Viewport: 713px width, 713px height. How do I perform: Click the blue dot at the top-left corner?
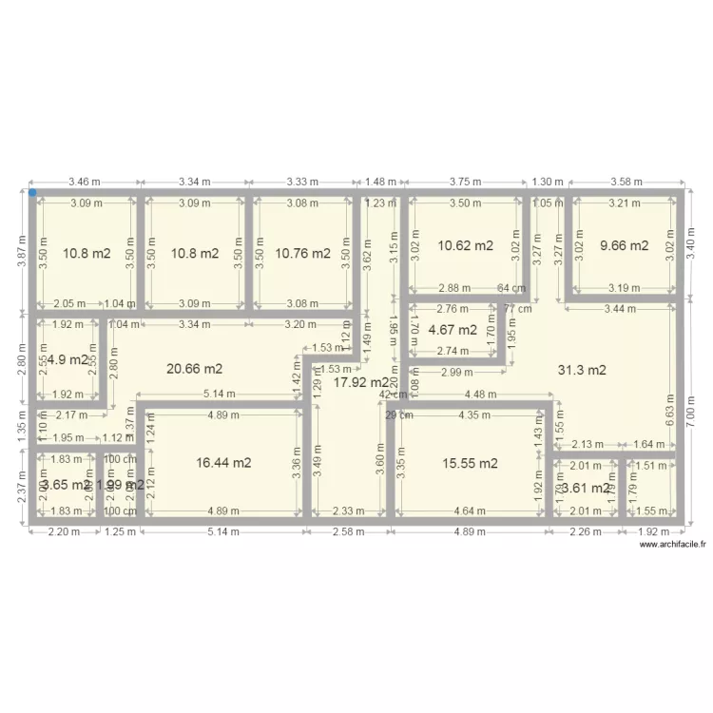click(x=32, y=194)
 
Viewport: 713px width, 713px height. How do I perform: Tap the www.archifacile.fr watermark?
click(x=673, y=545)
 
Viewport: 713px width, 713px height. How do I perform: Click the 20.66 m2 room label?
click(x=195, y=369)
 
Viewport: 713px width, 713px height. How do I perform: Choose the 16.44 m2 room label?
click(x=223, y=463)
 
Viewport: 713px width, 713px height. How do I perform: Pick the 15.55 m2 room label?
click(x=470, y=463)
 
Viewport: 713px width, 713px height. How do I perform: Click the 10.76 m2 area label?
click(x=302, y=254)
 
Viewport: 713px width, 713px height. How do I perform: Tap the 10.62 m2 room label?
click(x=465, y=245)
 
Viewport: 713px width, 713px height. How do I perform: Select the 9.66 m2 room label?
click(x=624, y=245)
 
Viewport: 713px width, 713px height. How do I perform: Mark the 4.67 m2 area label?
click(x=453, y=330)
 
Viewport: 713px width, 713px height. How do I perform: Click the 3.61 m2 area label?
click(x=585, y=489)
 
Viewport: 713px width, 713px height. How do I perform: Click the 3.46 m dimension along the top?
click(x=86, y=181)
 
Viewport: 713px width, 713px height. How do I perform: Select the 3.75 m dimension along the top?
click(x=467, y=181)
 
